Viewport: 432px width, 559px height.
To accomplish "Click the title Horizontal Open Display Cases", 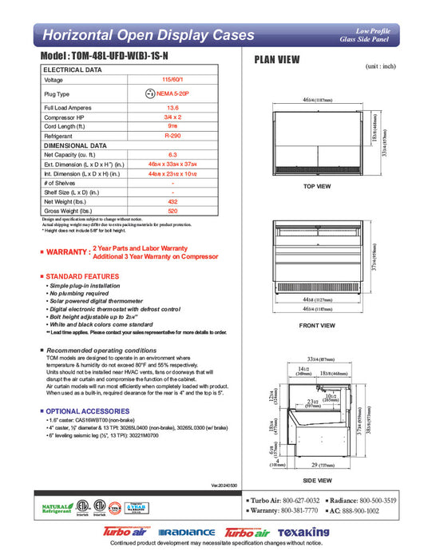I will [x=148, y=35].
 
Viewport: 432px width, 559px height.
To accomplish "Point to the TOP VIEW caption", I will [x=317, y=186].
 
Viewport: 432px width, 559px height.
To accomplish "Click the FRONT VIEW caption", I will [x=317, y=325].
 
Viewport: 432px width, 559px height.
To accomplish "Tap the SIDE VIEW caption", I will [x=318, y=481].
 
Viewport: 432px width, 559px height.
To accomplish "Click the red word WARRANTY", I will [x=67, y=252].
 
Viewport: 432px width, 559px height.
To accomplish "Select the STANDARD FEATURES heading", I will [x=83, y=276].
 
